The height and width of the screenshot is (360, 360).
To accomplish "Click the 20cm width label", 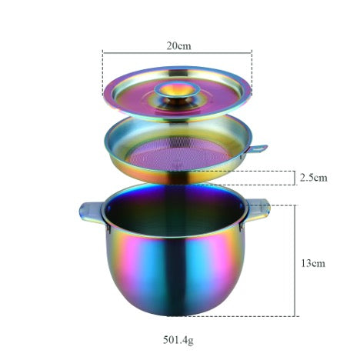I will (178, 45).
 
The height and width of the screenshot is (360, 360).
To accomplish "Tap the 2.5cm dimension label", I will (313, 178).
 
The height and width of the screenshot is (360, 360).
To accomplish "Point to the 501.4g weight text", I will (178, 338).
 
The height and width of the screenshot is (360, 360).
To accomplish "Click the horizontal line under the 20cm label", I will (178, 53).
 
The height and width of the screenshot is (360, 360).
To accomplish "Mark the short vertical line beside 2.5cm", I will (297, 178).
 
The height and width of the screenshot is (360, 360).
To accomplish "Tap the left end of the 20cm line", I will (102, 53).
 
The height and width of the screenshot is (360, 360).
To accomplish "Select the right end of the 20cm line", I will (252, 53).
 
